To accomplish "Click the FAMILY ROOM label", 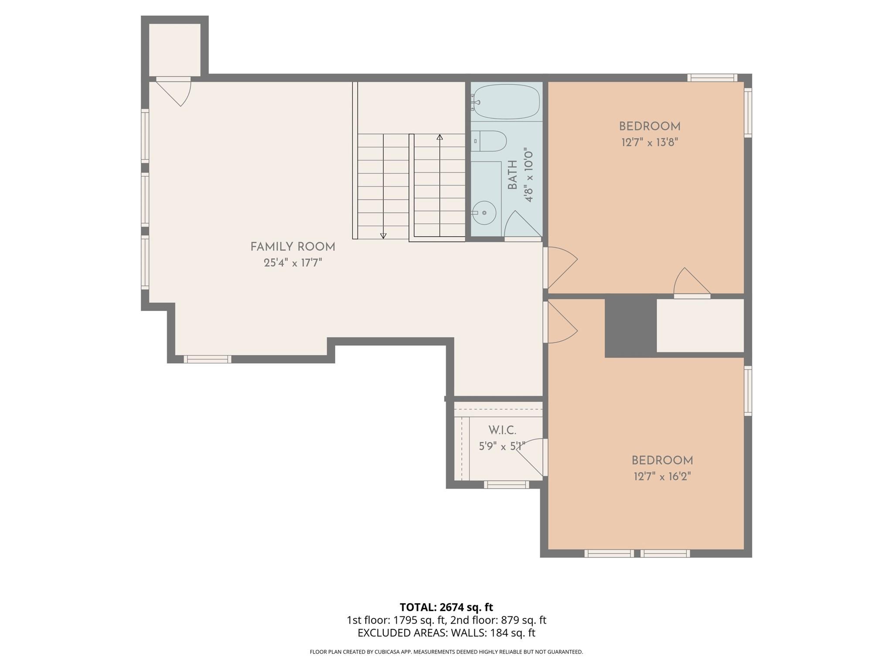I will point(293,247).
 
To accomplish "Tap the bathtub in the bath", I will point(506,102).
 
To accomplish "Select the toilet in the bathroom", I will point(491,141).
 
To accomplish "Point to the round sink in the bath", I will point(484,213).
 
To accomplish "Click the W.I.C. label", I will point(502,430).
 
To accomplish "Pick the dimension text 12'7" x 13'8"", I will point(650,143).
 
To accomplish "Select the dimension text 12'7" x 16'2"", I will point(662,476).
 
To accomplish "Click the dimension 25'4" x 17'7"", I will point(293,263).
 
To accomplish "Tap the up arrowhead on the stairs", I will point(440,137).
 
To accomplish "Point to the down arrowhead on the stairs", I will point(383,236).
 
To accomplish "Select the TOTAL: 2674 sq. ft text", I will point(446,607).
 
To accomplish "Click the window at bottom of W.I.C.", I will point(506,485).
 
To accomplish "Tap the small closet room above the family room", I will point(174,50).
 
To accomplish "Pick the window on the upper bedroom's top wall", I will point(712,78).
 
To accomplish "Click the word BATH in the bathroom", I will point(513,174).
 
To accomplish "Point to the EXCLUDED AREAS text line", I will point(446,633).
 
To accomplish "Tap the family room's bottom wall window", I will point(207,359).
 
